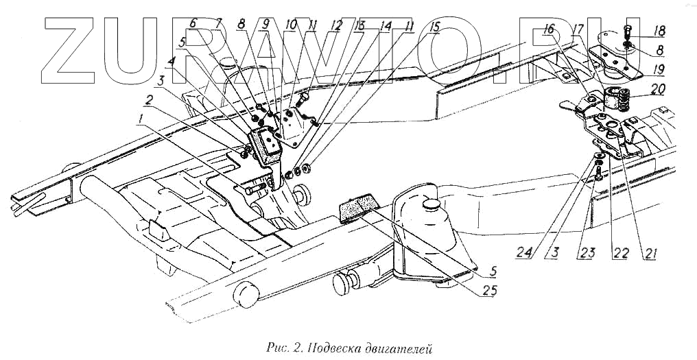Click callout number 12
(336, 25)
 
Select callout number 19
(660, 69)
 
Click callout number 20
(659, 88)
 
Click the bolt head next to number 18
(628, 30)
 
